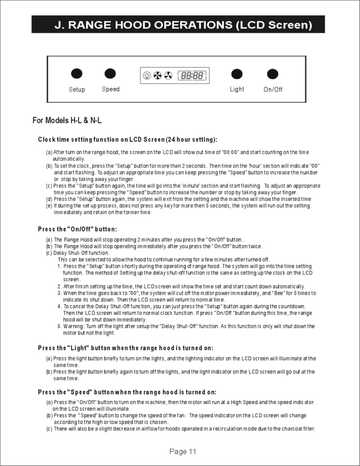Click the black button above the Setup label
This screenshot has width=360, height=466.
77,74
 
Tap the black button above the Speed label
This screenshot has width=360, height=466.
110,74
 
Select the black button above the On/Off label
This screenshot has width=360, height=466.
273,74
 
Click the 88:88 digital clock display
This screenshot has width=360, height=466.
192,76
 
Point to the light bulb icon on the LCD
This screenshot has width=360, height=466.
147,76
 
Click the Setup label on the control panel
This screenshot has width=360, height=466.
77,89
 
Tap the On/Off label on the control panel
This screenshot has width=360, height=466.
273,89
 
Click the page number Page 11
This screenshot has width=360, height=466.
183,451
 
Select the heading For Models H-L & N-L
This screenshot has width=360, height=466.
67,120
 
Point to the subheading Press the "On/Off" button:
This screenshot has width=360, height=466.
77,229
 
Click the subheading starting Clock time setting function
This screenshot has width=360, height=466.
127,140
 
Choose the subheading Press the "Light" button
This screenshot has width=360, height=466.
125,348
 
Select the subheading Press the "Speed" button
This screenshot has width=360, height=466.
127,392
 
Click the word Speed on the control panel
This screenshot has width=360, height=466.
111,89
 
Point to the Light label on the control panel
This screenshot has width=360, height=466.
237,89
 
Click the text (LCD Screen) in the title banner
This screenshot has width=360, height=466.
274,25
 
